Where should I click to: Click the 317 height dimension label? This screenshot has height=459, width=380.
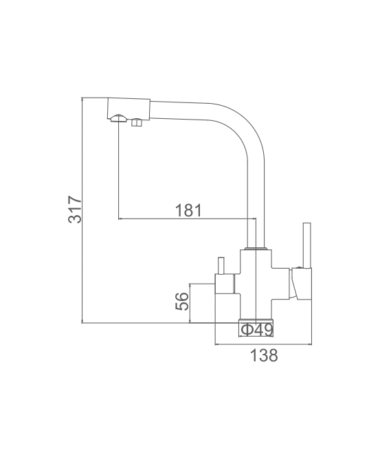point(75,210)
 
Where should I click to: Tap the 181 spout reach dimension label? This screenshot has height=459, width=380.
point(188,210)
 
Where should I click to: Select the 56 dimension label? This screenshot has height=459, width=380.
point(182,301)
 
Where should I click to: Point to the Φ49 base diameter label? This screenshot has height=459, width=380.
point(257,331)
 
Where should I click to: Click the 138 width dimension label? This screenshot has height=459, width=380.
point(263,355)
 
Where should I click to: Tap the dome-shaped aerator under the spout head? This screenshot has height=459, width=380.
point(119,117)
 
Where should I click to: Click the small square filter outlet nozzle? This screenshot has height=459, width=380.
point(137,122)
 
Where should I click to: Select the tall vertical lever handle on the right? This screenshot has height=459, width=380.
point(306,245)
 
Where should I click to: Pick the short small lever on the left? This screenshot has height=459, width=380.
point(221,266)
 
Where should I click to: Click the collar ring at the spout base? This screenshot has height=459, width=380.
point(256,249)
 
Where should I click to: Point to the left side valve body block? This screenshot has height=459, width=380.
point(225,284)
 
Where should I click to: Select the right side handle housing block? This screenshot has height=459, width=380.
point(301,284)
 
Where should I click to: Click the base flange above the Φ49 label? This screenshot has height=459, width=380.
point(256,321)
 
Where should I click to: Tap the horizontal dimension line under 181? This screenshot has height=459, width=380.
point(187,219)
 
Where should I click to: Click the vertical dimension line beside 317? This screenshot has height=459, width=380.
point(82,210)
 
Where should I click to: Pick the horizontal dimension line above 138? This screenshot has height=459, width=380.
point(263,344)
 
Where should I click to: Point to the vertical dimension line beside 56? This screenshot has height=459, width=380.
point(190,303)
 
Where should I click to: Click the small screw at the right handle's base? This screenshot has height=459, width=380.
point(299,267)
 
